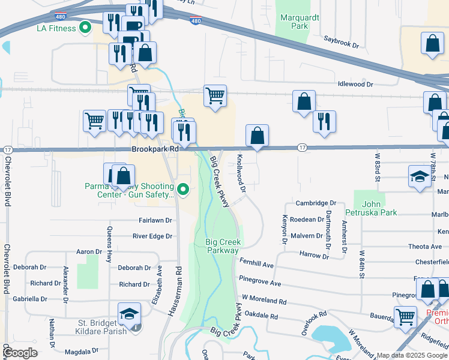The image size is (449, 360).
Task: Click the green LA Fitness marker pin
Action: pyautogui.click(x=85, y=28)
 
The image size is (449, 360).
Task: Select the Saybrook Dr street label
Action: pyautogui.click(x=341, y=45)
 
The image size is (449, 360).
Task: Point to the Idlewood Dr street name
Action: pyautogui.click(x=355, y=85)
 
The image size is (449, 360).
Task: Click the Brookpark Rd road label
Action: pyautogui.click(x=155, y=149)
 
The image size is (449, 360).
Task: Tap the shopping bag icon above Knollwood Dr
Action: pyautogui.click(x=257, y=136)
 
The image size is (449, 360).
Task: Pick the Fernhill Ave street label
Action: pyautogui.click(x=256, y=265)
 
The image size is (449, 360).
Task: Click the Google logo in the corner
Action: pyautogui.click(x=20, y=353)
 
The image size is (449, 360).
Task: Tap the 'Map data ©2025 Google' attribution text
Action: pyautogui.click(x=412, y=355)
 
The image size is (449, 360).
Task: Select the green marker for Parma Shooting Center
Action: pyautogui.click(x=185, y=190)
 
